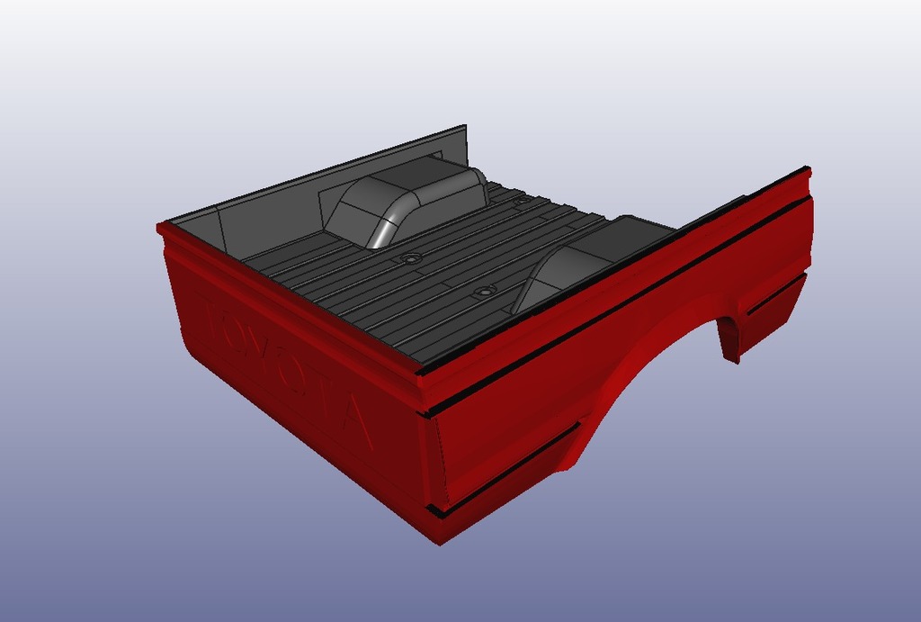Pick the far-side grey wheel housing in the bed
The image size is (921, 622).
(x=405, y=203)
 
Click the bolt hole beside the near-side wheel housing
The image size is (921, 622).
(x=485, y=292)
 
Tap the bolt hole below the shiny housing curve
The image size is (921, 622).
(x=412, y=258)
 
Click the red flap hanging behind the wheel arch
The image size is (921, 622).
(x=729, y=338)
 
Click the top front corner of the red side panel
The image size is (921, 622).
(x=807, y=171)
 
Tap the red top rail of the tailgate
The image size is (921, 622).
(x=288, y=297)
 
